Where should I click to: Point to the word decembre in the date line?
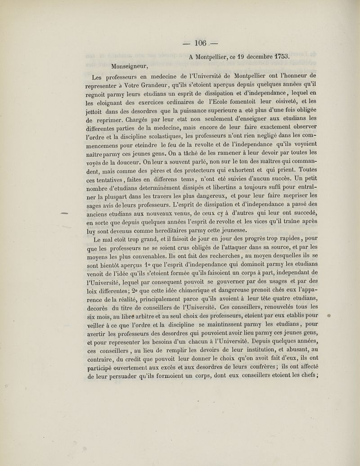pos(248,57)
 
